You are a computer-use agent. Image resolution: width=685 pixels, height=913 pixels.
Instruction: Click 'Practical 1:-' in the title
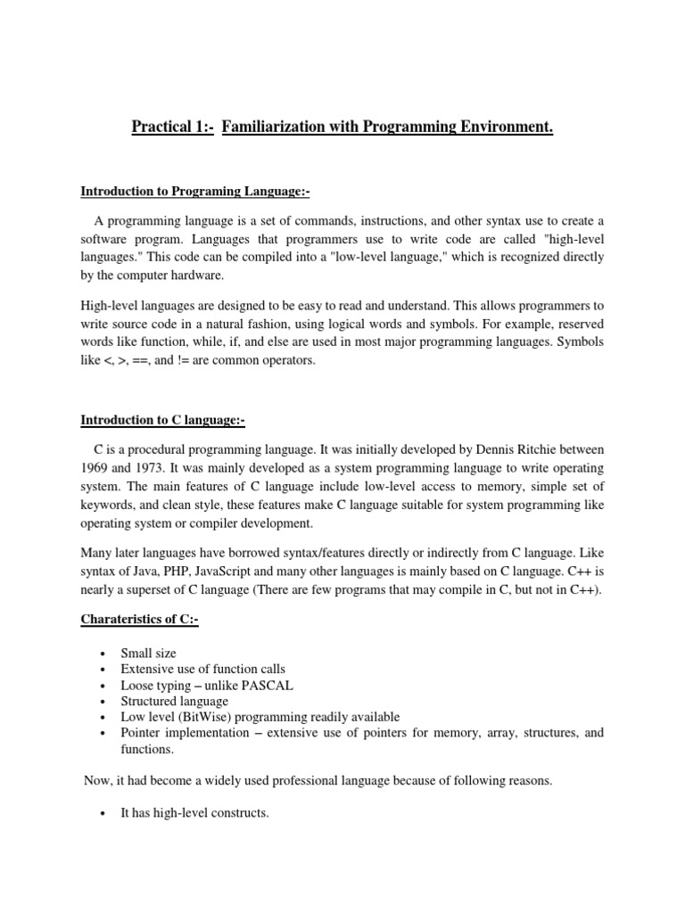click(x=170, y=128)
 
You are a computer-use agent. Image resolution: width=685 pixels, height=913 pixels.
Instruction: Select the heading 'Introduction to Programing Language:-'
click(x=195, y=191)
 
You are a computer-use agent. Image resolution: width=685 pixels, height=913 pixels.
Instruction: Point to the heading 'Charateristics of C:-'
click(x=139, y=621)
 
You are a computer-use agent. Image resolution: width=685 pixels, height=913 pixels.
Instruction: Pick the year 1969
click(x=95, y=468)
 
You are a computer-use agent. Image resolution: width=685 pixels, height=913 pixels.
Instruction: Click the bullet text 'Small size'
click(x=148, y=654)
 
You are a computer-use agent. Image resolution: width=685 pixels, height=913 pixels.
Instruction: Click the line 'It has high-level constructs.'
click(x=194, y=813)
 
